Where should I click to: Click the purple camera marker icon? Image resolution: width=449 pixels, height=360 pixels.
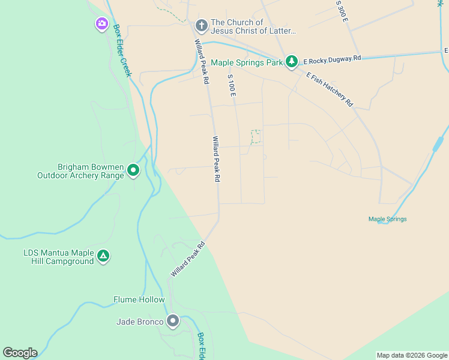coord(101,24)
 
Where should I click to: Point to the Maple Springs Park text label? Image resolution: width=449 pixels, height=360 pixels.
coord(246,62)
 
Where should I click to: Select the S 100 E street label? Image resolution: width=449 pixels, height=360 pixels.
coord(231,86)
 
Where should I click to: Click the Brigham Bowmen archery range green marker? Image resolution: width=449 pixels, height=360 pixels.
coord(133,171)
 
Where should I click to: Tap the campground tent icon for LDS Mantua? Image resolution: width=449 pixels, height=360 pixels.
coord(103,257)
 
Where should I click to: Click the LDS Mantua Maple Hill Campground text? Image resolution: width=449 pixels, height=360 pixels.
coord(58,257)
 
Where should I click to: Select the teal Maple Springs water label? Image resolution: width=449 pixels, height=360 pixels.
coord(387,219)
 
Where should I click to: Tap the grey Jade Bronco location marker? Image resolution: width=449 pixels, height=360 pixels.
coord(173,321)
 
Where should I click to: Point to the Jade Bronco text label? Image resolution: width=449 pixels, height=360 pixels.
coord(140,322)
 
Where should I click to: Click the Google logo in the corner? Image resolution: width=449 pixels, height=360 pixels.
coord(20,353)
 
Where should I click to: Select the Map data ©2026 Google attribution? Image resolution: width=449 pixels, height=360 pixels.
coord(412,355)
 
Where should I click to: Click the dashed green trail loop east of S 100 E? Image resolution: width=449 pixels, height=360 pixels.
coord(256,137)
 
